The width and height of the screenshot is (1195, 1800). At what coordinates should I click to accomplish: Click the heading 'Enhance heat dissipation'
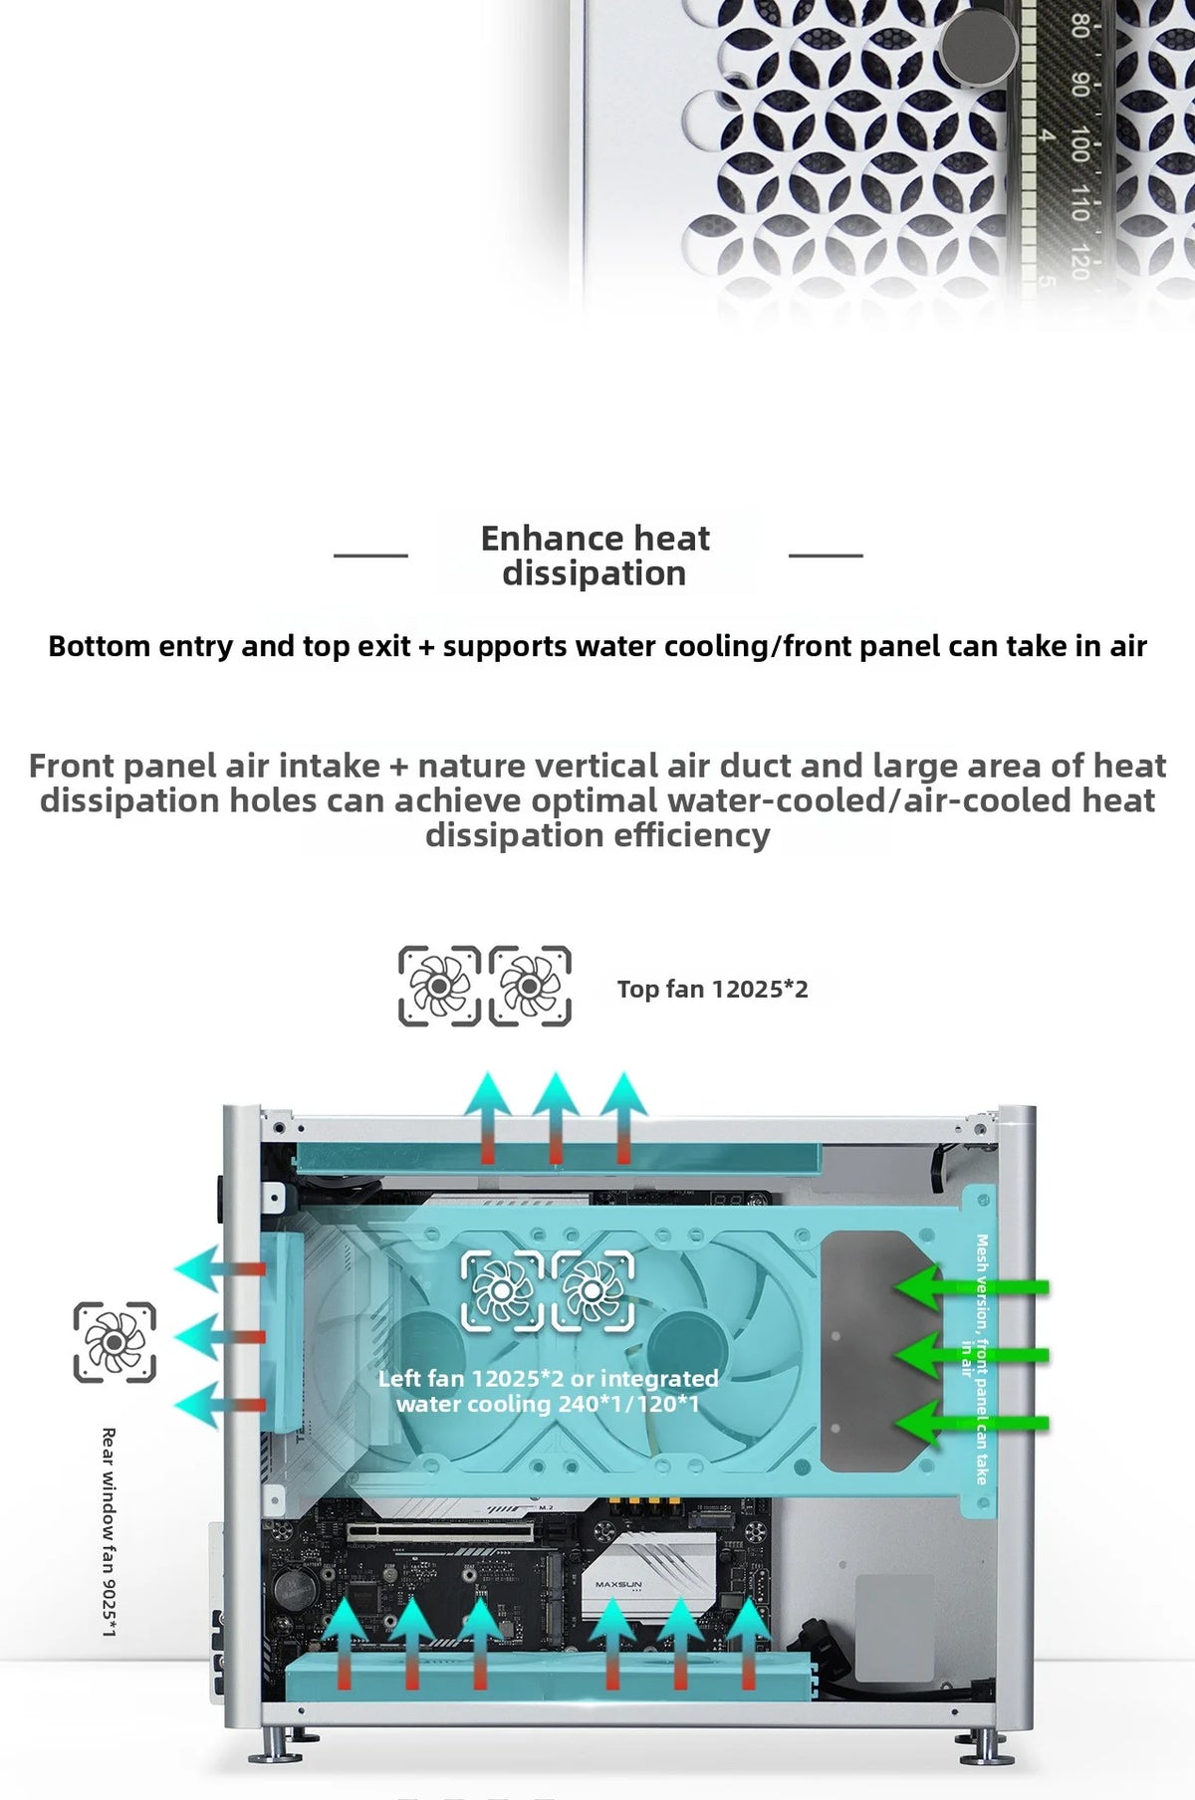pyautogui.click(x=595, y=556)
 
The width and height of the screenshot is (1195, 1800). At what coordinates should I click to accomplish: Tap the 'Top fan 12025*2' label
pyautogui.click(x=712, y=989)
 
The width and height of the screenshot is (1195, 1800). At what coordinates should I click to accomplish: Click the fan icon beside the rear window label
pyautogui.click(x=115, y=1342)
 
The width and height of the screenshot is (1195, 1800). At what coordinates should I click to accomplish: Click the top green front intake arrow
pyautogui.click(x=971, y=1287)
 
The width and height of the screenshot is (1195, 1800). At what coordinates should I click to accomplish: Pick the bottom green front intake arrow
pyautogui.click(x=971, y=1422)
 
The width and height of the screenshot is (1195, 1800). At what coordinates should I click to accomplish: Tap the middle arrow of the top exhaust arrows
pyautogui.click(x=556, y=1118)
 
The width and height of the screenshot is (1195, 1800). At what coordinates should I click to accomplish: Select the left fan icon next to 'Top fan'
pyautogui.click(x=439, y=986)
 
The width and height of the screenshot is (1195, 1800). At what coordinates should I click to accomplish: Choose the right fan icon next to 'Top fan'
pyautogui.click(x=530, y=986)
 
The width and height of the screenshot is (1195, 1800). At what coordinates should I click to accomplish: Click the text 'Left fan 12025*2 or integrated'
pyautogui.click(x=548, y=1379)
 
